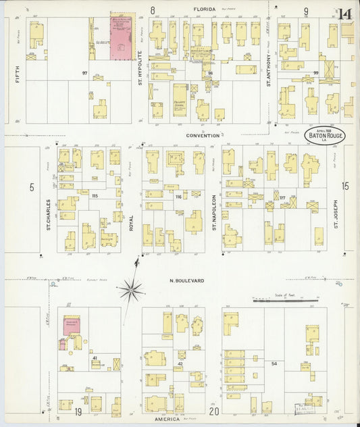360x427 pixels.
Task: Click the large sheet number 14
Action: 345,14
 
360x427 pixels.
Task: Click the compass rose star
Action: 132,291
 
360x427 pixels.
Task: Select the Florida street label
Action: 205,9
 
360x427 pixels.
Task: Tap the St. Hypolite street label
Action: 140,68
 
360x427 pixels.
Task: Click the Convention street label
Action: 203,135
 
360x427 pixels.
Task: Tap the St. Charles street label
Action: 49,213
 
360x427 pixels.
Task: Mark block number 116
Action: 178,196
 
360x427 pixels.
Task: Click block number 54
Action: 274,364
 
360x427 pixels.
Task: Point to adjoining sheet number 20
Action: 214,411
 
